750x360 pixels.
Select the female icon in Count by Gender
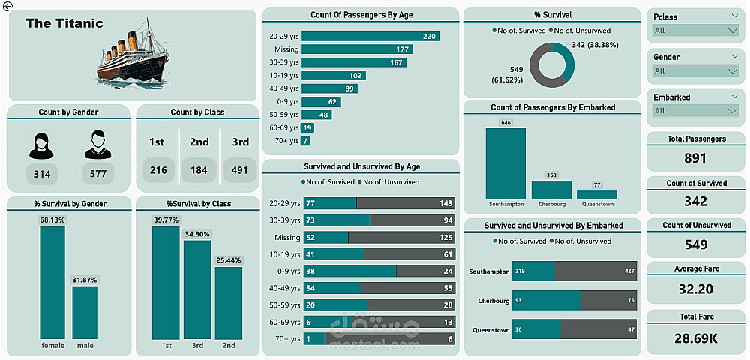coord(42,145)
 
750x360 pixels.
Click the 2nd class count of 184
coord(199,170)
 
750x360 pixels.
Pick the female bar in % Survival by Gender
coord(52,282)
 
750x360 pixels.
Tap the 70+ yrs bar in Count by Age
coord(305,141)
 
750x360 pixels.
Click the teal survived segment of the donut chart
coord(568,61)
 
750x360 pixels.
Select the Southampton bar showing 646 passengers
coord(505,163)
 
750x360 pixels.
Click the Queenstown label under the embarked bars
coord(597,204)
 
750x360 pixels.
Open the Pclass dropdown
coord(696,31)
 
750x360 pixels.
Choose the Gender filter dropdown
coord(696,71)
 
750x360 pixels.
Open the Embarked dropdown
coord(696,111)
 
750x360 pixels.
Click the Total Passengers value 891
coord(696,158)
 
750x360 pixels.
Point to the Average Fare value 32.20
coord(696,289)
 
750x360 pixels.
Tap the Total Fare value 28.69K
coord(696,338)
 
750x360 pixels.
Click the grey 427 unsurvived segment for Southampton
coord(595,271)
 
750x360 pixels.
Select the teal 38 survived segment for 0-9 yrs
coord(349,271)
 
